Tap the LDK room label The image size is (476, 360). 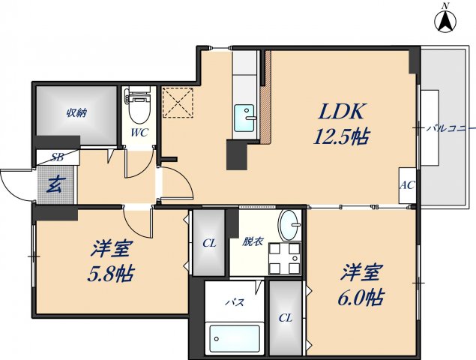point(342,112)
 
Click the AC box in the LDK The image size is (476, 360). point(407,185)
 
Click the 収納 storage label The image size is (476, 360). point(76,113)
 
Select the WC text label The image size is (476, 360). point(140,133)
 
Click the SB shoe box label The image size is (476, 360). point(57,157)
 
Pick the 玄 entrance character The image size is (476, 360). point(55,183)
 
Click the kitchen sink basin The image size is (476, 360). point(244,118)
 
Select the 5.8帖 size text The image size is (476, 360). point(109,273)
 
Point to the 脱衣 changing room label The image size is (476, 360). point(252,241)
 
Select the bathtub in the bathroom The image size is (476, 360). point(235,338)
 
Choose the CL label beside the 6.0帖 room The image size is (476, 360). point(286,318)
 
